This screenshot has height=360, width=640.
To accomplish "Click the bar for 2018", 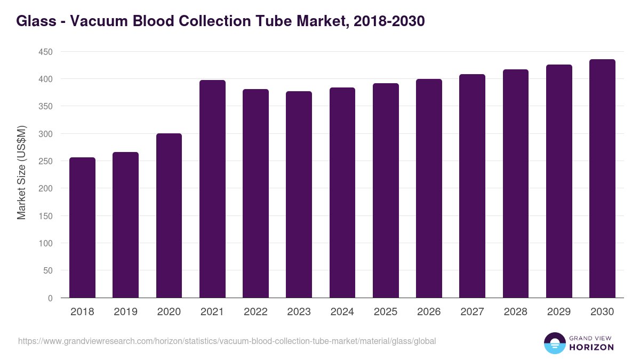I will coord(83,228).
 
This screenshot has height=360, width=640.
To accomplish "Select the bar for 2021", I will coord(212,189).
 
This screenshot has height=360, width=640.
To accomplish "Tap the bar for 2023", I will coord(299,195).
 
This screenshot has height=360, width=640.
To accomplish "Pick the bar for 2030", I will coord(602,179).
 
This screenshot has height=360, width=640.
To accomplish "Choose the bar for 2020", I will coord(169,215).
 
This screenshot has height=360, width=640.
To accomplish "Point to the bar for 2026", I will coord(429,188).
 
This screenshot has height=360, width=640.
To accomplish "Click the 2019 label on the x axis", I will coord(126,312).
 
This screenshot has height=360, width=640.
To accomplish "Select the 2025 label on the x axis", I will coord(386,312).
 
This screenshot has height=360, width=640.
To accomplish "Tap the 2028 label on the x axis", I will coord(516,312).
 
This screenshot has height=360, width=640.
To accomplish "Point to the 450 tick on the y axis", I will coord(45,52).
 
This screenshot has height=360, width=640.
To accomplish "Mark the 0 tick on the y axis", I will coord(50,298).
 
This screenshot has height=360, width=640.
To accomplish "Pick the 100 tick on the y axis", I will coord(45,243).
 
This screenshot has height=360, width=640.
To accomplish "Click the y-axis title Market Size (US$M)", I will coord(21,172).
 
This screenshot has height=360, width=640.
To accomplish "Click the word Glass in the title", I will coord(35,21).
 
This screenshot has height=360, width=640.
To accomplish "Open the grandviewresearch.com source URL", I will coord(227,341).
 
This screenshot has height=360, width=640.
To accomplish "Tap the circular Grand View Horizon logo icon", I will coord(554,343).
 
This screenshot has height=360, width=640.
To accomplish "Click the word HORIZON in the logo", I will coord(591,347).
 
